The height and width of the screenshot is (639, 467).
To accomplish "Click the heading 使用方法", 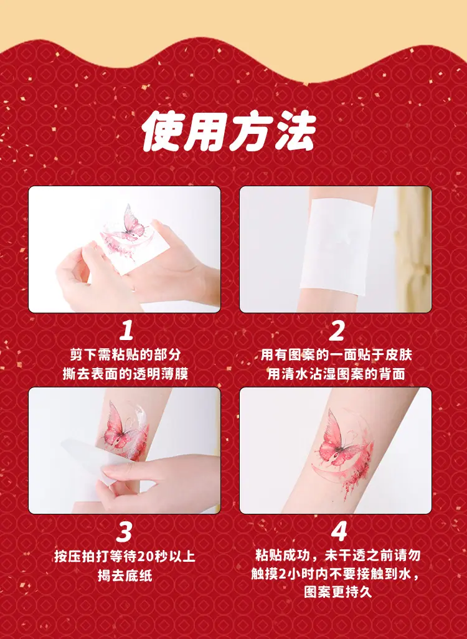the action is (229, 131).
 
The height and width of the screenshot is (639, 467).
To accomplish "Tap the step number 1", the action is (126, 331).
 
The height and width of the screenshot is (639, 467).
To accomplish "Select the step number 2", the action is (337, 331).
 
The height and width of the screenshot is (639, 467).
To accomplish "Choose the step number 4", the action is (339, 531).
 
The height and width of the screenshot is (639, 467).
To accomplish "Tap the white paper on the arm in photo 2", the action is (337, 247).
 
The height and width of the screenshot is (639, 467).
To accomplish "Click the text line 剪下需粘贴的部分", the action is (126, 354).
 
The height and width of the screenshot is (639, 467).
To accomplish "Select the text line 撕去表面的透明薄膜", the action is (126, 374).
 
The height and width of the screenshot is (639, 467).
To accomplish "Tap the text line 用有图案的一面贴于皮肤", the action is (336, 354).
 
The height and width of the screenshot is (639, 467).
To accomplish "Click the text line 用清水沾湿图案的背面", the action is (336, 374).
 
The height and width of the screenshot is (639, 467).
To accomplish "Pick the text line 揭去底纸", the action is (125, 575).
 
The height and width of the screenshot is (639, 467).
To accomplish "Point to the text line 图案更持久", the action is (338, 592).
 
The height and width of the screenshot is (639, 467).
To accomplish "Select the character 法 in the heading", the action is (295, 131).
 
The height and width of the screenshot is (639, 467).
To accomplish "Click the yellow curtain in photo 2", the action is (413, 249).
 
